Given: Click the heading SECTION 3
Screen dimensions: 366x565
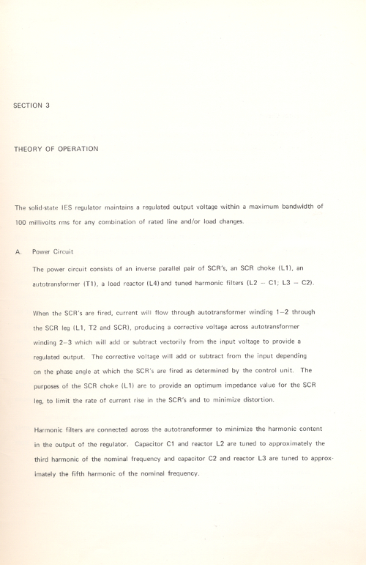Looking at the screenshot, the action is pyautogui.click(x=31, y=106).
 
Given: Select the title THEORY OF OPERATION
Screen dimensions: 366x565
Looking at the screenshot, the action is pyautogui.click(x=56, y=149).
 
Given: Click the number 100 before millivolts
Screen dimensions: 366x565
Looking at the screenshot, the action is pyautogui.click(x=21, y=221).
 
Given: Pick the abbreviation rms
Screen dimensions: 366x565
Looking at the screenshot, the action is pyautogui.click(x=70, y=221).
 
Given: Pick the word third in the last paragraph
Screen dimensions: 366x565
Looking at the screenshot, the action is pyautogui.click(x=45, y=458).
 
